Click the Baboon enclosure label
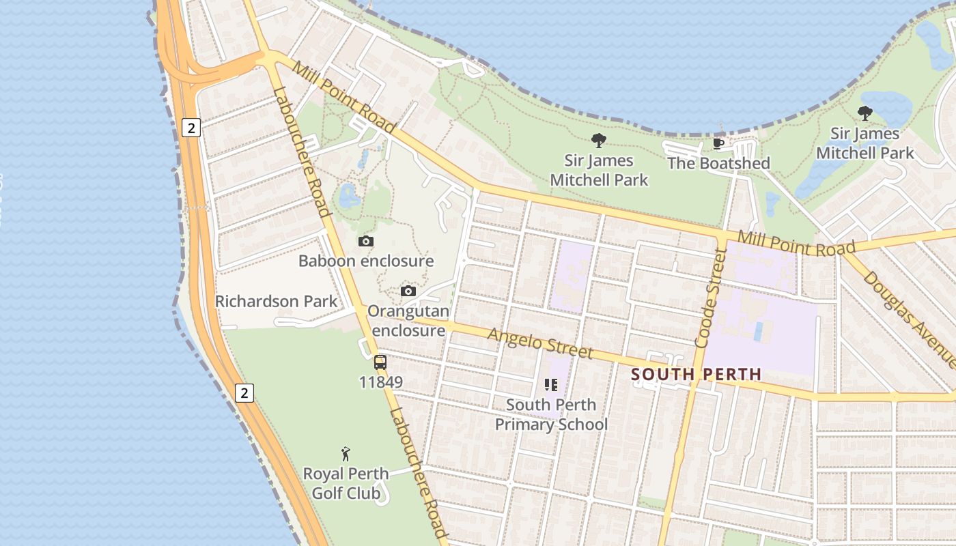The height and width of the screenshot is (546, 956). click(366, 261)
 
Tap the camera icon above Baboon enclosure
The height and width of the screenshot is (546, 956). click(366, 241)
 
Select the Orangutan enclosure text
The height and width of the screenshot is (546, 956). click(408, 321)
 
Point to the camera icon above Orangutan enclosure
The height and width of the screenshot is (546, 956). click(408, 291)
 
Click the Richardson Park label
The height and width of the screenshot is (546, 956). click(276, 301)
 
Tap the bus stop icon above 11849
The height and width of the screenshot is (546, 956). click(380, 362)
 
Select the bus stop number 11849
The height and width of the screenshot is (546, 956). click(380, 382)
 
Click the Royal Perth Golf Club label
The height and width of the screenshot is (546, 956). click(346, 483)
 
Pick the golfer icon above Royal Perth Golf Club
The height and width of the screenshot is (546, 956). click(346, 454)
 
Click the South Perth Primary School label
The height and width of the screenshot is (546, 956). click(550, 414)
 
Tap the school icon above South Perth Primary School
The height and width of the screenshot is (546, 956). click(551, 385)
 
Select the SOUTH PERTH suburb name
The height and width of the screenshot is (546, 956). click(696, 374)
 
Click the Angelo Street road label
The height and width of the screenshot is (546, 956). click(540, 343)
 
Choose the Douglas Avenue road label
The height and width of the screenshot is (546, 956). click(908, 318)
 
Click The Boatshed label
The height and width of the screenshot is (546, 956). click(718, 163)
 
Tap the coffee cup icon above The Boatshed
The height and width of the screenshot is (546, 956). click(718, 143)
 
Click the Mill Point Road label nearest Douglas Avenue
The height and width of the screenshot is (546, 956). click(796, 244)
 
